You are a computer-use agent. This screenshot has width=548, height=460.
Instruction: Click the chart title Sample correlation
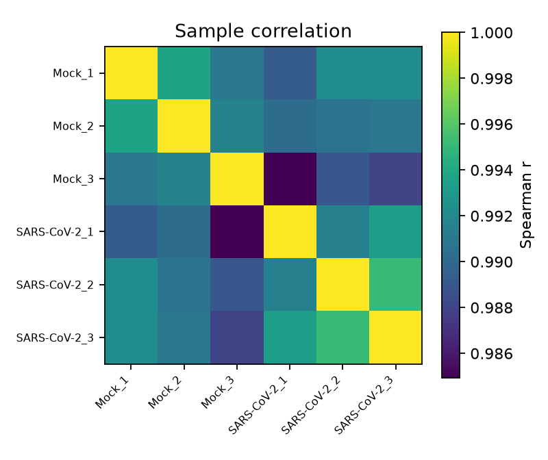[263, 31]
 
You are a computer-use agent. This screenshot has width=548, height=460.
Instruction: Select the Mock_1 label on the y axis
[73, 73]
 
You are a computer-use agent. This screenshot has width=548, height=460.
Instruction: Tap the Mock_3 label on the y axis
[73, 179]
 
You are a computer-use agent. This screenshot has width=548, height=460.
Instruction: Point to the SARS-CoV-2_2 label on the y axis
[55, 285]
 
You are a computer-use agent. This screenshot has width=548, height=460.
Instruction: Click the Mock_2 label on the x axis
[165, 392]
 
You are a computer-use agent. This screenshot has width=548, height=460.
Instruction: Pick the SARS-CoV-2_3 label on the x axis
[364, 405]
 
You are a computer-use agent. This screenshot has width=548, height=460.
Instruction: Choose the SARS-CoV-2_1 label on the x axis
[259, 405]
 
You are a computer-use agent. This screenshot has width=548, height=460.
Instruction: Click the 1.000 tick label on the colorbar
[491, 33]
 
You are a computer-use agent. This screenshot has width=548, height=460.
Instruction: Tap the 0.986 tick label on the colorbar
[491, 354]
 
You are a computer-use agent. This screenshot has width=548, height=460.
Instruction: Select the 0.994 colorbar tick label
[491, 170]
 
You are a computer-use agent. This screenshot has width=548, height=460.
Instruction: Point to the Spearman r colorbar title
[525, 205]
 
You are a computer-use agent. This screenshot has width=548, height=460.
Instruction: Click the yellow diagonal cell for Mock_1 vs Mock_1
[132, 73]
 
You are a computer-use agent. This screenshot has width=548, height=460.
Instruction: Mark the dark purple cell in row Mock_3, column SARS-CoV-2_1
[290, 179]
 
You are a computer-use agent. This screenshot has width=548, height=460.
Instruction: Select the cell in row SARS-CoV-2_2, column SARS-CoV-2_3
[395, 284]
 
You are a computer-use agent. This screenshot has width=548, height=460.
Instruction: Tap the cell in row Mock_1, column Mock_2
[184, 73]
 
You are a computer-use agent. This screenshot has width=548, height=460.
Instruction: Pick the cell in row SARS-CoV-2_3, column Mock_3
[237, 337]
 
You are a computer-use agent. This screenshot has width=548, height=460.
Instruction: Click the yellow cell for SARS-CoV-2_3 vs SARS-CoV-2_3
[395, 337]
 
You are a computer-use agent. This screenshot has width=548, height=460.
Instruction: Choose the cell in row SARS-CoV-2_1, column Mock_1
[132, 231]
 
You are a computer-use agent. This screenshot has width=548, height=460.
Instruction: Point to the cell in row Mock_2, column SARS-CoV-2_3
[395, 126]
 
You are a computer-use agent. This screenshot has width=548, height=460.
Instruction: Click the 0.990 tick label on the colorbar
[491, 262]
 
